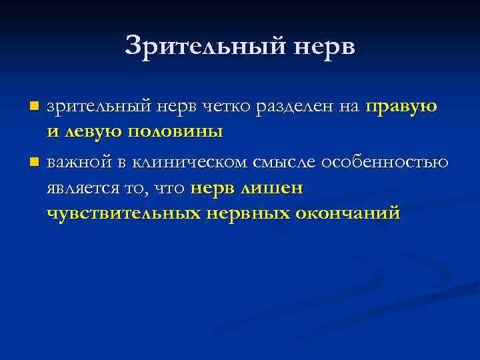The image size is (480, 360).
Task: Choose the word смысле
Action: point(283,163)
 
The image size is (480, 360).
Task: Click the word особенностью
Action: point(385,163)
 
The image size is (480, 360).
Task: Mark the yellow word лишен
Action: point(273,189)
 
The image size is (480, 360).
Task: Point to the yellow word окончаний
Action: point(349,214)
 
